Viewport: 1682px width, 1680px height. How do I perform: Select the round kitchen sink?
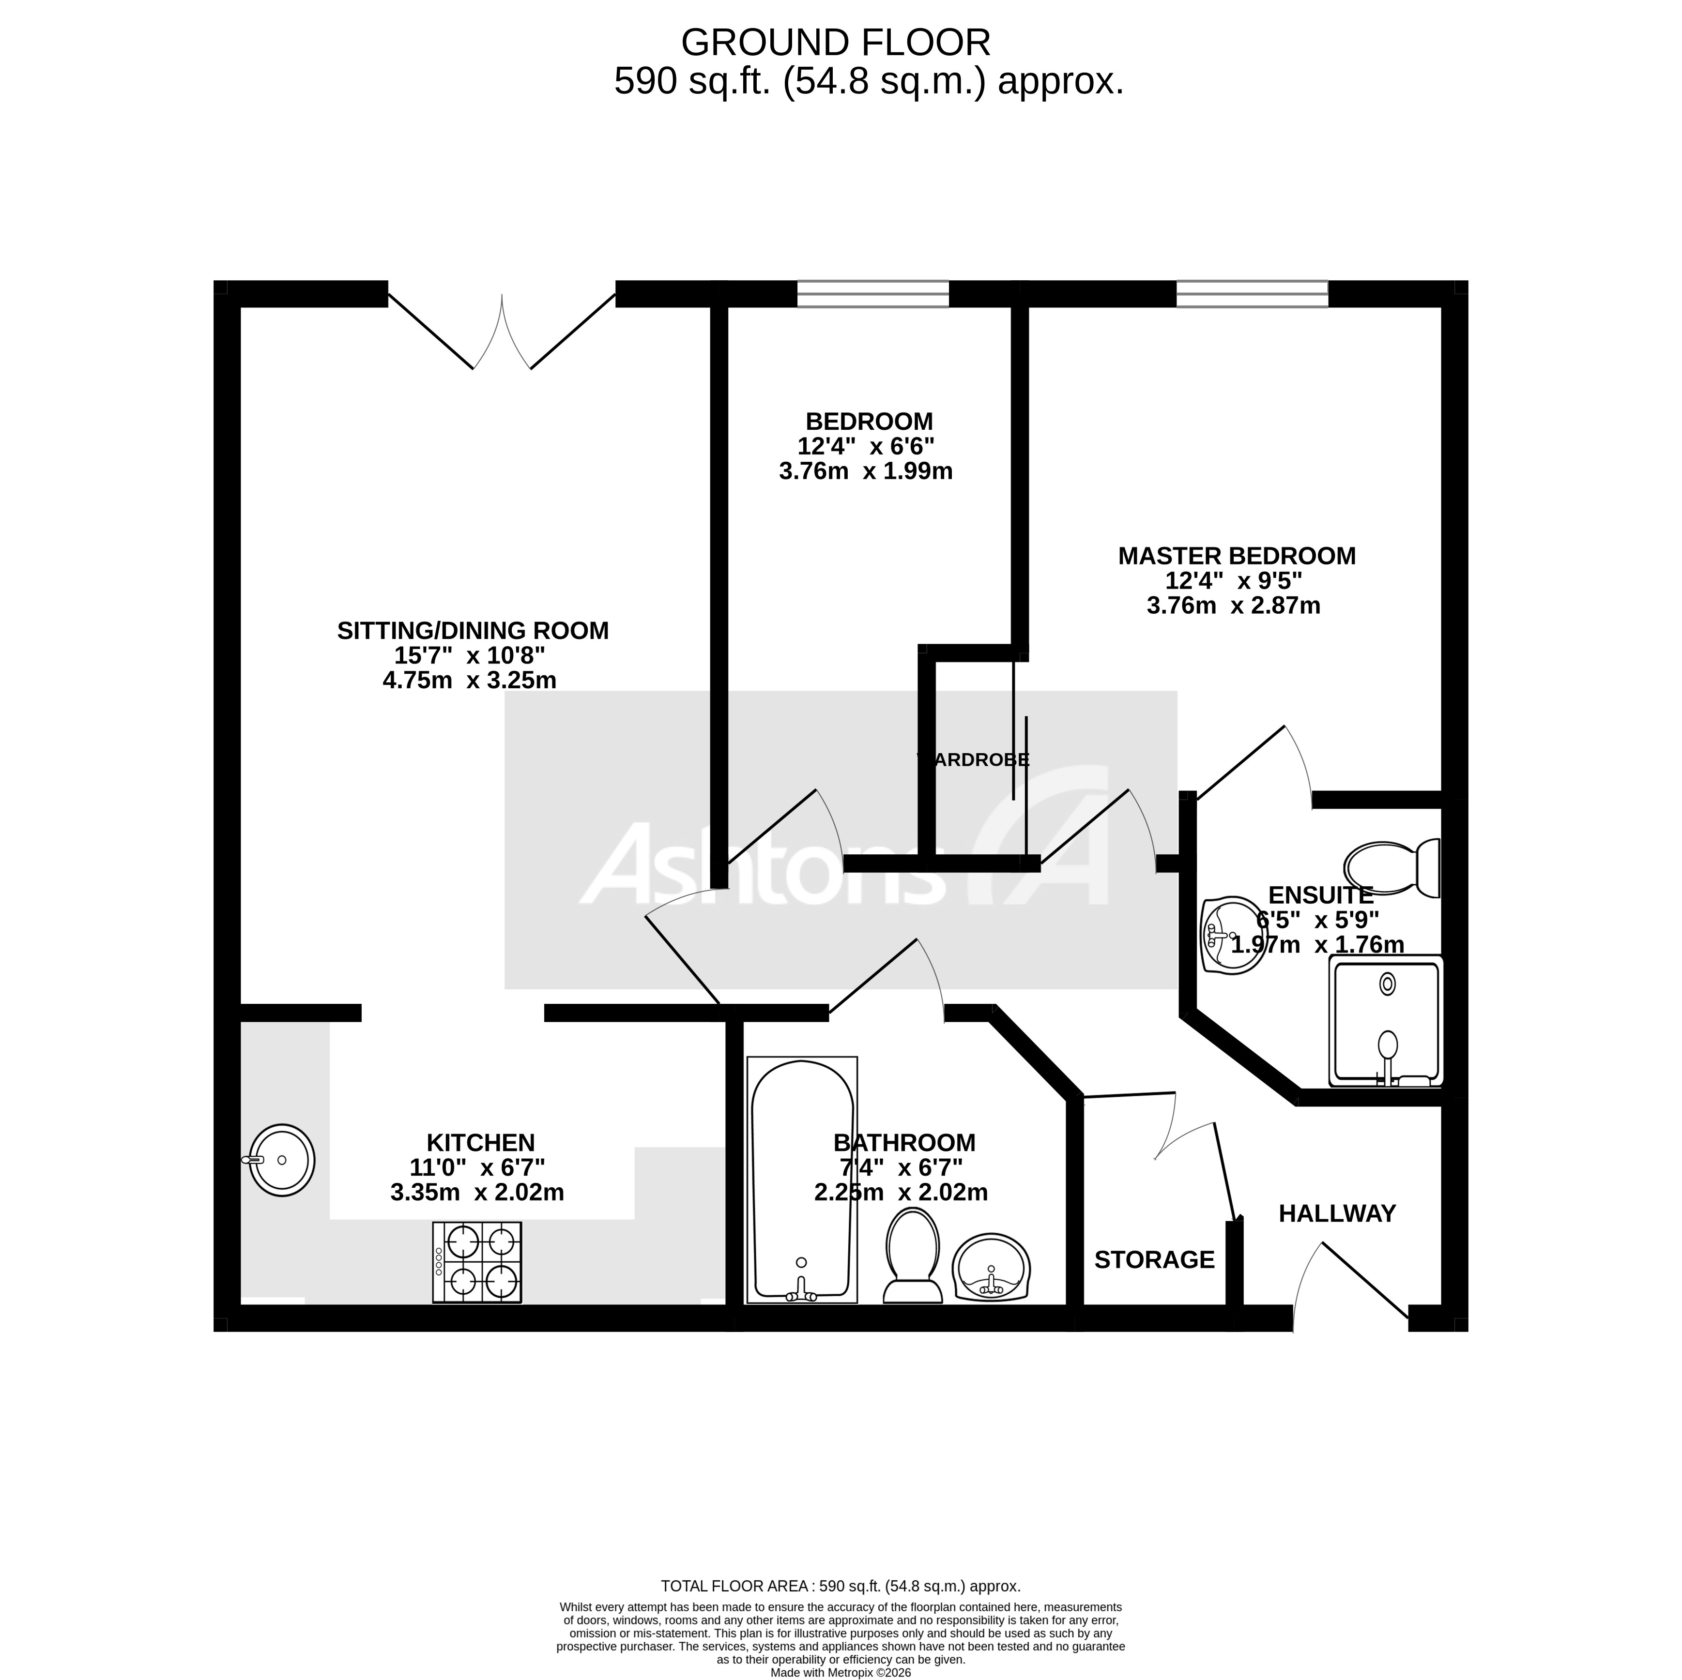click(281, 1160)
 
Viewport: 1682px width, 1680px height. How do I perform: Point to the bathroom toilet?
click(912, 1255)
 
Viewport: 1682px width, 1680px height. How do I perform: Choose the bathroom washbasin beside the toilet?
click(992, 1268)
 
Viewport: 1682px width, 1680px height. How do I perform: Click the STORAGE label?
click(1154, 1259)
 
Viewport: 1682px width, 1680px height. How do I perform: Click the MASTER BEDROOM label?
click(1236, 555)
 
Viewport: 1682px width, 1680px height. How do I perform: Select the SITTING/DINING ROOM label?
click(473, 630)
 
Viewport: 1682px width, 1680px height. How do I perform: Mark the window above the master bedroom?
click(1252, 293)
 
